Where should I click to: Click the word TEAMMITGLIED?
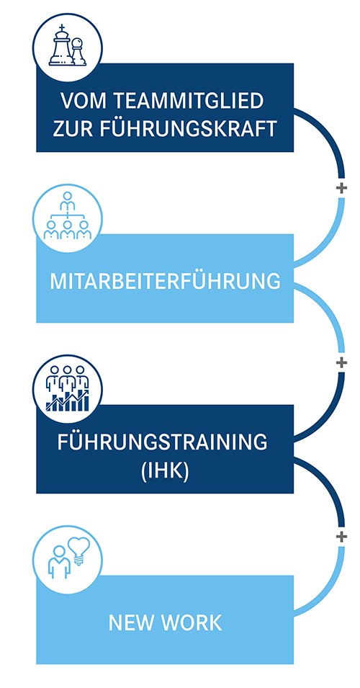tap(189, 101)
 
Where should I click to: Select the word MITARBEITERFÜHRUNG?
tap(165, 281)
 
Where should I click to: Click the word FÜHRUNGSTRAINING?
tap(162, 442)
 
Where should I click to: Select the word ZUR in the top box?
tap(69, 129)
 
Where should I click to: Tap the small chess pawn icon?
tap(78, 52)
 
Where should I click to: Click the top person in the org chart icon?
tap(67, 200)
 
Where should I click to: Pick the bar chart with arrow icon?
tap(67, 400)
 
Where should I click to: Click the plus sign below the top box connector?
tap(341, 188)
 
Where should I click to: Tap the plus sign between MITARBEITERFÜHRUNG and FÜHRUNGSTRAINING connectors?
tap(341, 362)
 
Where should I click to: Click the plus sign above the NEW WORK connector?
tap(341, 537)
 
